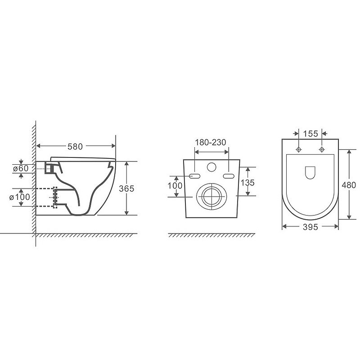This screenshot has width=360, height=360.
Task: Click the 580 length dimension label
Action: pyautogui.click(x=75, y=146)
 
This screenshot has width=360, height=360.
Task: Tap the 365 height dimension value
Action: pyautogui.click(x=126, y=189)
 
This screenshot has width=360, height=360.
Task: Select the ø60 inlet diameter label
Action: pyautogui.click(x=21, y=168)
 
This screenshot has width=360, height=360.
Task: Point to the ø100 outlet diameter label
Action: pyautogui.click(x=19, y=197)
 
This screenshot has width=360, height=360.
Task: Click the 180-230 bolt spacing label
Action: pyautogui.click(x=211, y=142)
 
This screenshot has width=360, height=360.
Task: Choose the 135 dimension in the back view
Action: pyautogui.click(x=248, y=183)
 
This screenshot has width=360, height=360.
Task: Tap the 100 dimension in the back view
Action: pyautogui.click(x=175, y=185)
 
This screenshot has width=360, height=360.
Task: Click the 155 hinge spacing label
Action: pyautogui.click(x=310, y=134)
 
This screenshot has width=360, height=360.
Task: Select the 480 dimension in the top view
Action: pyautogui.click(x=349, y=185)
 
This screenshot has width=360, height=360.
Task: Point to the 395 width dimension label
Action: pyautogui.click(x=310, y=227)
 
